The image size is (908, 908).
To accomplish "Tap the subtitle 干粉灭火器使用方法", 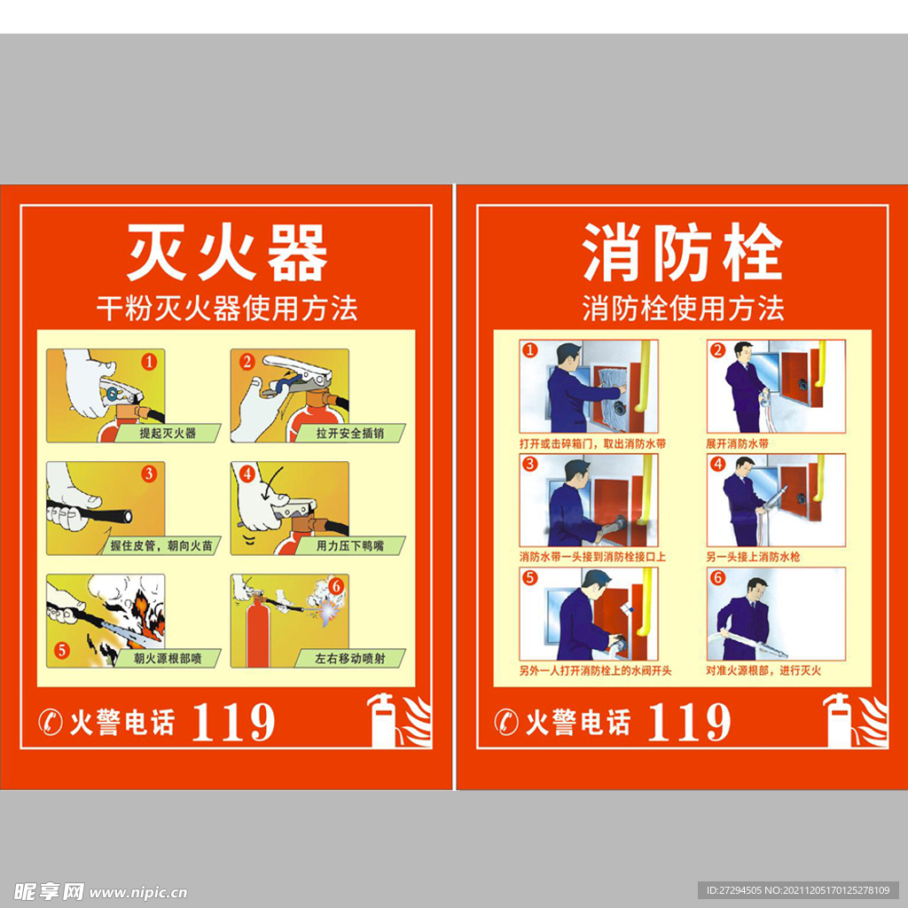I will (x=227, y=309).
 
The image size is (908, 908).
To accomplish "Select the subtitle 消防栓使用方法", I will (x=683, y=309).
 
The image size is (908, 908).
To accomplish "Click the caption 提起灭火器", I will (x=168, y=434).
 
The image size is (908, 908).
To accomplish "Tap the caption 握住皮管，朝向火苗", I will (x=161, y=546).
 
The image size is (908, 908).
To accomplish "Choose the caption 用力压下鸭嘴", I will (x=350, y=546).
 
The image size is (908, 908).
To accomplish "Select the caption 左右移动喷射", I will (x=350, y=659).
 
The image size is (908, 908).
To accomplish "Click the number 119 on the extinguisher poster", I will (x=233, y=723).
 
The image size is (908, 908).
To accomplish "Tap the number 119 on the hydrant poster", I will (x=689, y=723).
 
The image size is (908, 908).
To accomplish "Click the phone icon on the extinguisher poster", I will (x=51, y=723).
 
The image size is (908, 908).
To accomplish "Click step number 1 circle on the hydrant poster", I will (x=529, y=349).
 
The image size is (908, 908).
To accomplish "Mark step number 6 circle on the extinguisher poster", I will (x=335, y=585).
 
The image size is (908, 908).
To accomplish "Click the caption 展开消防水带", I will (x=737, y=443).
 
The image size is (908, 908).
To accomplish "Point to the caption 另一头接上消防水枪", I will (x=753, y=557).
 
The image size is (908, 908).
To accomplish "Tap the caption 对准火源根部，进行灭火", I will (x=763, y=671).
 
